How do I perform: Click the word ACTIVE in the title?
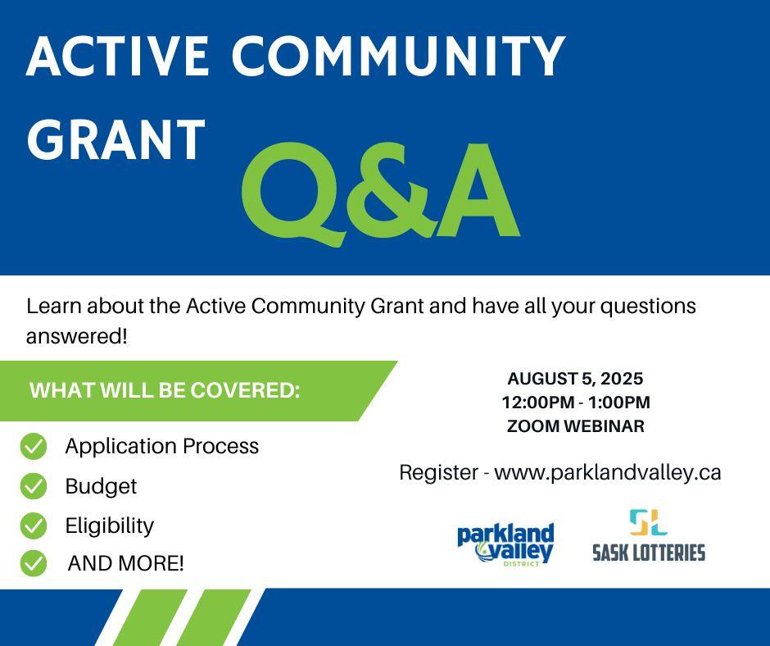point(118,56)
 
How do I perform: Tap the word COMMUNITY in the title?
point(399,56)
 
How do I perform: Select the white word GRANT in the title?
point(115,139)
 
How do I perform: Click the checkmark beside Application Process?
point(34,447)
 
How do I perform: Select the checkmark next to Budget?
point(34,485)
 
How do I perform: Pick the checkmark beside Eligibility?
point(34,525)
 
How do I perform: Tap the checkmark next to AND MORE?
point(34,563)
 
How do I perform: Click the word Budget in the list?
point(101,487)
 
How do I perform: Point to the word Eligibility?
point(110,526)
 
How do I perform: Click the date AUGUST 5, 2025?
point(575,379)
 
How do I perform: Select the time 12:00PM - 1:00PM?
point(576,403)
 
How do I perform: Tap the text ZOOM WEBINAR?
point(576,425)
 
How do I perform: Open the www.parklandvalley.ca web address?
point(608,473)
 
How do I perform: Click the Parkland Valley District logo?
point(505,544)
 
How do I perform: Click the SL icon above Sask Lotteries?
point(648,522)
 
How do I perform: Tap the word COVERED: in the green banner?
point(245,390)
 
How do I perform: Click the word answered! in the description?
point(77,337)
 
